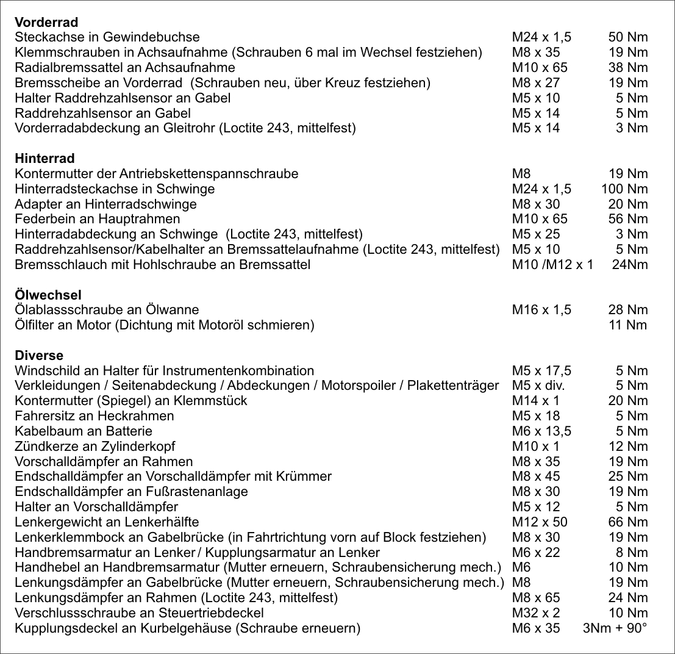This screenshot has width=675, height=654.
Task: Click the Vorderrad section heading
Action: [x=46, y=23]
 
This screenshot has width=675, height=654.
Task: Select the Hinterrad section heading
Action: [x=45, y=159]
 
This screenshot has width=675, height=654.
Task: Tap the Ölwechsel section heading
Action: [x=48, y=295]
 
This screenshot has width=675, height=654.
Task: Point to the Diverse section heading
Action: [x=39, y=356]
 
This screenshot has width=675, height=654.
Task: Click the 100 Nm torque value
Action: [x=624, y=189]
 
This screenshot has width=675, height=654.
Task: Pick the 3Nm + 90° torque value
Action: [x=615, y=628]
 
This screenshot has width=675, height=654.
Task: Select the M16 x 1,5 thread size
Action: [x=541, y=311]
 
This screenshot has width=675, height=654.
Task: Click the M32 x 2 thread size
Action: [x=536, y=613]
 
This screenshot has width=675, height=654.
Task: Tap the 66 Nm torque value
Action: [x=628, y=522]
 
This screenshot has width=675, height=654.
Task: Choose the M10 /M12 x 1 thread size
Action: [x=552, y=265]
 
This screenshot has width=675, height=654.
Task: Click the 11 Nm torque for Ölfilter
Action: [x=628, y=325]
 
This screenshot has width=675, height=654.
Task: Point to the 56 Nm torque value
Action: [x=628, y=219]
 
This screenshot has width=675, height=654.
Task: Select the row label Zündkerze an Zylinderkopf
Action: [x=95, y=447]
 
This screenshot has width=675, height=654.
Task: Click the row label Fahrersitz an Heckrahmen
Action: [x=95, y=416]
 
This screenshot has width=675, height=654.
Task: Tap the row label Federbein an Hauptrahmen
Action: [x=98, y=219]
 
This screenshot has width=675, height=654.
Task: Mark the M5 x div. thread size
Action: [x=538, y=386]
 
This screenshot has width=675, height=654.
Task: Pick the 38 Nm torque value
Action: [x=628, y=68]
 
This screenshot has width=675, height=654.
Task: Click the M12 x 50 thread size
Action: [x=540, y=522]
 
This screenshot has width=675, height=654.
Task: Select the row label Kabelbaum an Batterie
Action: [x=84, y=431]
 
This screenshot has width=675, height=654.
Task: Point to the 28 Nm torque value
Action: [x=628, y=311]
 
